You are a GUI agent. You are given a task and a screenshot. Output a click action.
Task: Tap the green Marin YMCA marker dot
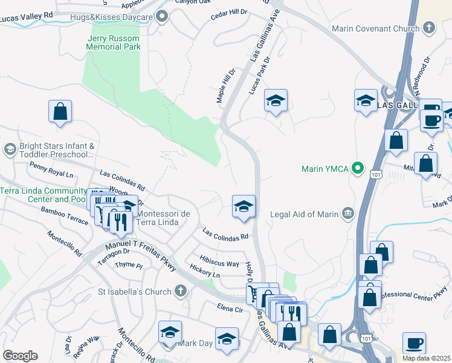(358, 168)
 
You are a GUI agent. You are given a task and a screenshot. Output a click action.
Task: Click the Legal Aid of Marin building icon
(347, 213)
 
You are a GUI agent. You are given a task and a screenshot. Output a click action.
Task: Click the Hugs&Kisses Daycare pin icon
(161, 17)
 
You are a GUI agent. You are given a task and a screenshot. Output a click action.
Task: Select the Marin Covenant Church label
(375, 28)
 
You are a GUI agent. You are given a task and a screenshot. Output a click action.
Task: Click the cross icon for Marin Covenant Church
(428, 28)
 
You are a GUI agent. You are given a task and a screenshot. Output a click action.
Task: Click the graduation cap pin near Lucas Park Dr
(276, 102)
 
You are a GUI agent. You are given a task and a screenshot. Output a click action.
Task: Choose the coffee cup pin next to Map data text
(415, 343)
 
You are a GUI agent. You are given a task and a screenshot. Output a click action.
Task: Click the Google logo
(20, 356)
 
